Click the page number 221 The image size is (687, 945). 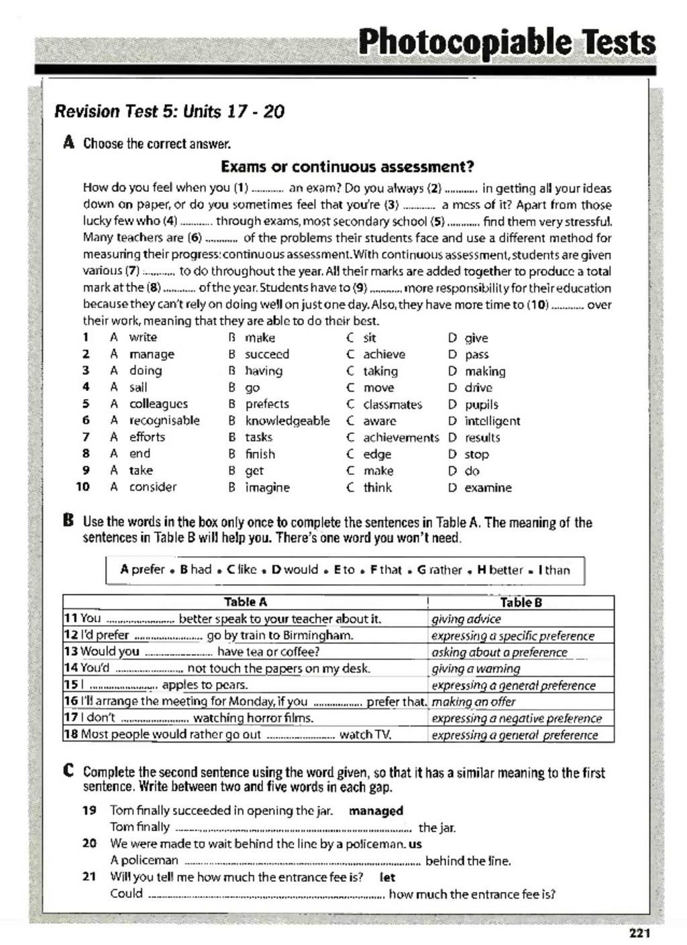[x=640, y=932]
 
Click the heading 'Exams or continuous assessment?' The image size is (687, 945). [x=348, y=166]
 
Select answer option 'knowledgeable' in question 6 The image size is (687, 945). [x=287, y=421]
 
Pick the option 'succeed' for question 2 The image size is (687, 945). [x=267, y=354]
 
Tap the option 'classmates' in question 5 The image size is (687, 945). [x=392, y=404]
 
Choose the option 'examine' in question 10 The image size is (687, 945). [x=488, y=488]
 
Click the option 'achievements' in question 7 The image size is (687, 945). [x=401, y=437]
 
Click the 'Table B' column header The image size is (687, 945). [x=521, y=602]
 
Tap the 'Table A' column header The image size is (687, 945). [x=245, y=602]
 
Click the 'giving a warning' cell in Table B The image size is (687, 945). [x=476, y=669]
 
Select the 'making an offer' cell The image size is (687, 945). [x=474, y=702]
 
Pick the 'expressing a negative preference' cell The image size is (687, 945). [x=517, y=718]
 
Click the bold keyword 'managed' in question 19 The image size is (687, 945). [x=376, y=811]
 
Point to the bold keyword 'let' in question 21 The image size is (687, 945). [x=387, y=877]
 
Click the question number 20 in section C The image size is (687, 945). [x=89, y=844]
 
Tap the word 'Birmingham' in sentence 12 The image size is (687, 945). [x=335, y=635]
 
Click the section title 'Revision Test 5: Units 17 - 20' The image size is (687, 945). [x=169, y=111]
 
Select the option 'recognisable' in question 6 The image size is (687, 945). [x=164, y=421]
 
